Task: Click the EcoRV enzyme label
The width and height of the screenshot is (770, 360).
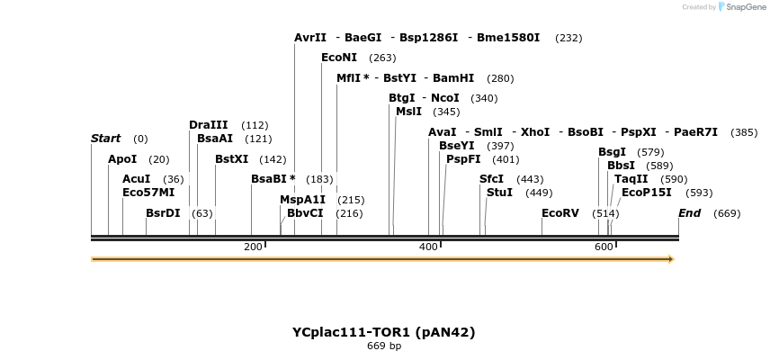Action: click(560, 213)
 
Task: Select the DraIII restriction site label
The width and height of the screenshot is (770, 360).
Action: click(208, 125)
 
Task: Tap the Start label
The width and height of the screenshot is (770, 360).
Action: click(105, 139)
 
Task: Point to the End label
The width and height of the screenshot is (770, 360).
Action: click(689, 213)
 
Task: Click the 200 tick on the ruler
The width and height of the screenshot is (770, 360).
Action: click(253, 247)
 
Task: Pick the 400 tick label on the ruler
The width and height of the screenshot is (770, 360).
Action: click(428, 247)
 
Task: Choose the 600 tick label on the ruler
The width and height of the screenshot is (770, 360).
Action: click(604, 247)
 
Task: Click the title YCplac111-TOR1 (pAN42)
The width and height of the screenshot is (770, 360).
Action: click(383, 332)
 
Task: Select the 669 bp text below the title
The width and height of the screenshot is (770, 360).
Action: click(383, 346)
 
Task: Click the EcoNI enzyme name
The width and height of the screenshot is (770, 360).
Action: click(339, 58)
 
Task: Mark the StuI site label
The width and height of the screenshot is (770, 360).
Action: click(499, 193)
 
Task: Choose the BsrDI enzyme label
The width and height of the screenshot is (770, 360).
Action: click(163, 213)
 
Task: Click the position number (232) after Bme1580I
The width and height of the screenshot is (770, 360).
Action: click(569, 38)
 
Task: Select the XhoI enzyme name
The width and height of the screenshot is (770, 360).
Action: click(534, 132)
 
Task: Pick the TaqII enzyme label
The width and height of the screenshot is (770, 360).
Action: click(631, 179)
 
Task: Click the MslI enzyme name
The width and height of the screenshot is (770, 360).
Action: click(408, 112)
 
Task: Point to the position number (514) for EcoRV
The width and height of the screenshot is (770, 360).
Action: click(605, 213)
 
